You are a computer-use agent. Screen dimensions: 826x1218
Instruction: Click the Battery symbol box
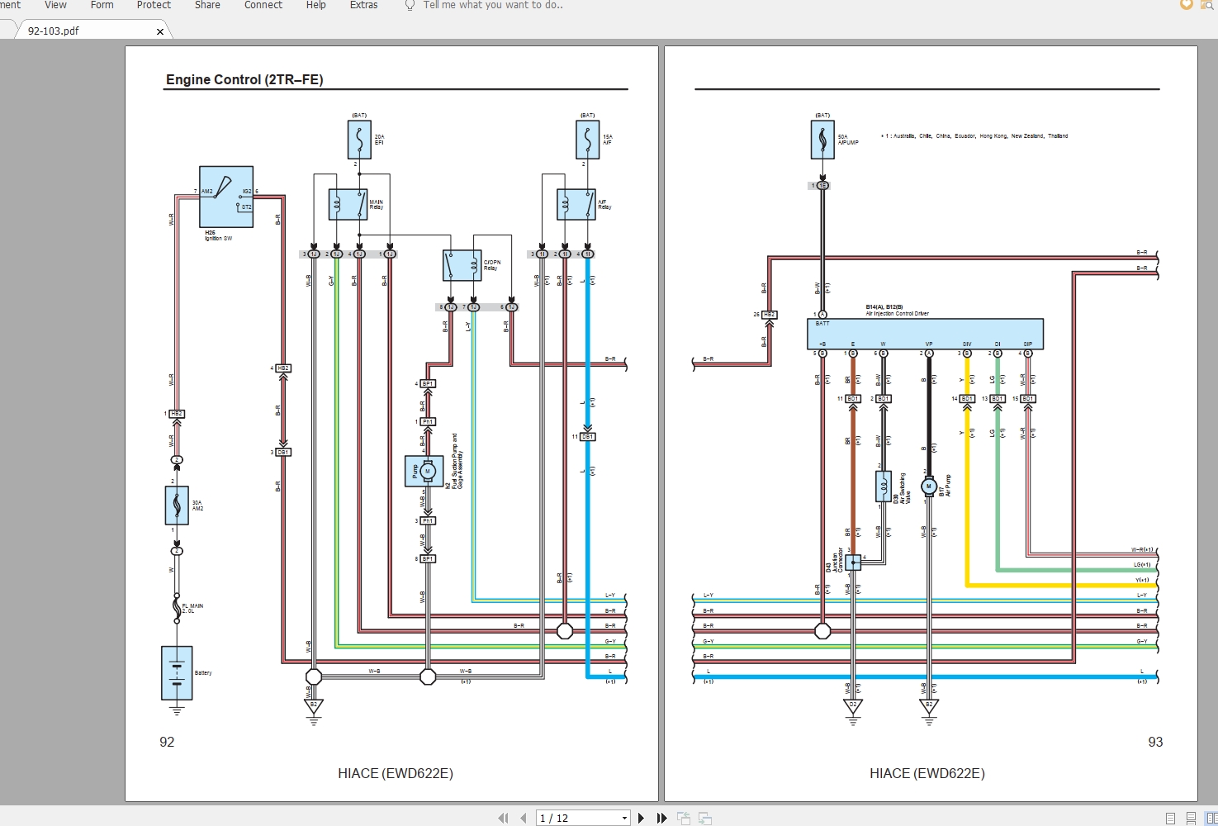(177, 672)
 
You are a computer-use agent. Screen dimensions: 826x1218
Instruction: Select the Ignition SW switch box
(226, 197)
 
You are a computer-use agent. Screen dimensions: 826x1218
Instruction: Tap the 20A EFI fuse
(359, 140)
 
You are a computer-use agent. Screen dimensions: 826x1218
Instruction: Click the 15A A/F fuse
(587, 140)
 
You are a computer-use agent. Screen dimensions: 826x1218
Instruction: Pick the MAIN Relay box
(348, 204)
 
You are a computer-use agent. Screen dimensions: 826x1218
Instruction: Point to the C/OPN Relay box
(462, 266)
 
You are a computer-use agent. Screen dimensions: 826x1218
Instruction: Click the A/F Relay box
(576, 204)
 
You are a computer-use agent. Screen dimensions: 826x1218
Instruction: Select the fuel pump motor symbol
(426, 471)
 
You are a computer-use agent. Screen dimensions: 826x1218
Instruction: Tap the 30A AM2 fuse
(177, 506)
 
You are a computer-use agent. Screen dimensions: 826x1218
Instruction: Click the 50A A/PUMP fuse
(822, 140)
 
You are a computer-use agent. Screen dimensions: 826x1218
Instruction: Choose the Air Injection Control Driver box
(925, 334)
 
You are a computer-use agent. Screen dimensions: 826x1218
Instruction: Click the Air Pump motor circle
(929, 487)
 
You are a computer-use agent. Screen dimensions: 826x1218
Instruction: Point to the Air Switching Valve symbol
(884, 487)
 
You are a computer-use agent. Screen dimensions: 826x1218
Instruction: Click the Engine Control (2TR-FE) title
(244, 79)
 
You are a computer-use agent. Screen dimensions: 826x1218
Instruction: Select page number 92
(167, 742)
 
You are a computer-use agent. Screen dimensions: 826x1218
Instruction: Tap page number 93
(1155, 742)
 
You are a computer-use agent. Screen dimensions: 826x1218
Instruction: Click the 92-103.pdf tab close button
(160, 31)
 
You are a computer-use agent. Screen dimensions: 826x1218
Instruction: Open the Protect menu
(154, 5)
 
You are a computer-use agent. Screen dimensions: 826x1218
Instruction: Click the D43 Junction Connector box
(853, 562)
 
